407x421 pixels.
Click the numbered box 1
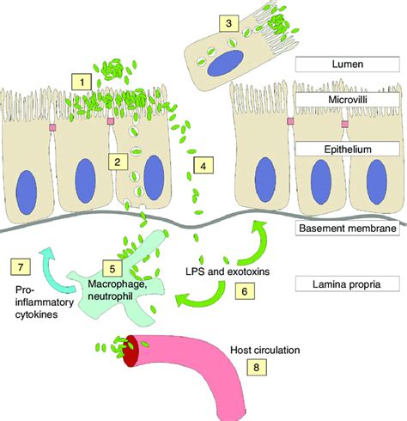[82, 82]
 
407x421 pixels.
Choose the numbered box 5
[107, 267]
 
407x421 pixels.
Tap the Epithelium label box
[341, 149]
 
